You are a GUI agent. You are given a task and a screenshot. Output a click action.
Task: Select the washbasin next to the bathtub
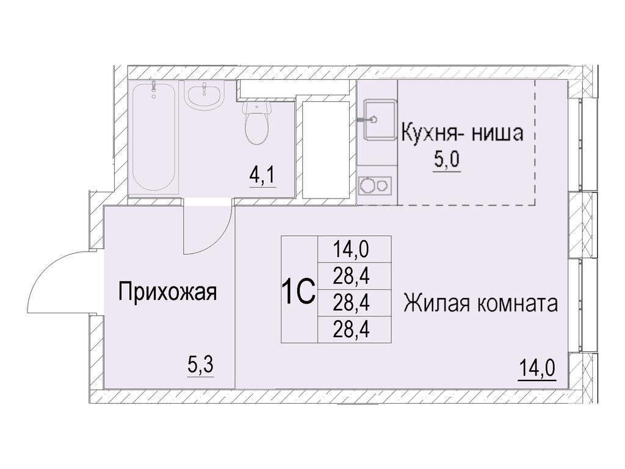tap(204, 96)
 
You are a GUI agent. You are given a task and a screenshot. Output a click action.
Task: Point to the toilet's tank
tap(257, 107)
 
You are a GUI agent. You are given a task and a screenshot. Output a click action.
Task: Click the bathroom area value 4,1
tap(263, 176)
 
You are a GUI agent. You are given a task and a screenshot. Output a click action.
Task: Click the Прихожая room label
tap(167, 291)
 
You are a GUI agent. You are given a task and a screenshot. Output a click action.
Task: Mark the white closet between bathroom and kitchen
tap(326, 150)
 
